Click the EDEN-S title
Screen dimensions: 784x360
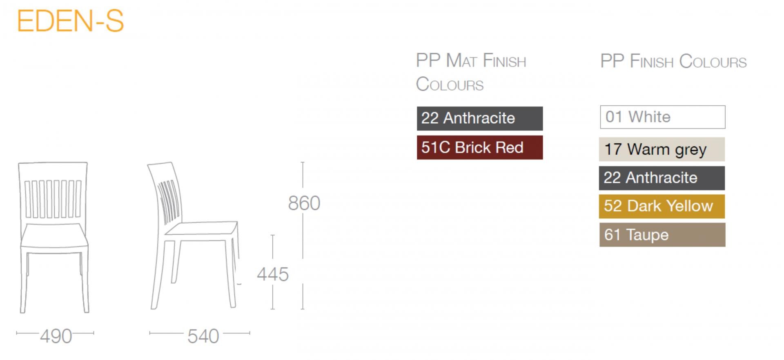tap(70, 21)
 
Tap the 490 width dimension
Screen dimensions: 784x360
tap(56, 336)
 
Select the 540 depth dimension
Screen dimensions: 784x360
tap(203, 336)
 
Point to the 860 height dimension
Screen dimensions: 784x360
tap(304, 203)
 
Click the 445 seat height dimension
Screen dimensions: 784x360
tap(273, 274)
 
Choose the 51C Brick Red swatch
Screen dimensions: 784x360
tap(480, 147)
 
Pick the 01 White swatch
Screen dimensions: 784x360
tap(663, 117)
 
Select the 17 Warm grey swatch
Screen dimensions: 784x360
tap(662, 149)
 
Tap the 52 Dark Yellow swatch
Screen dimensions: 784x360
tap(662, 206)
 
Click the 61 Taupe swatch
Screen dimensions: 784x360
tap(662, 235)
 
